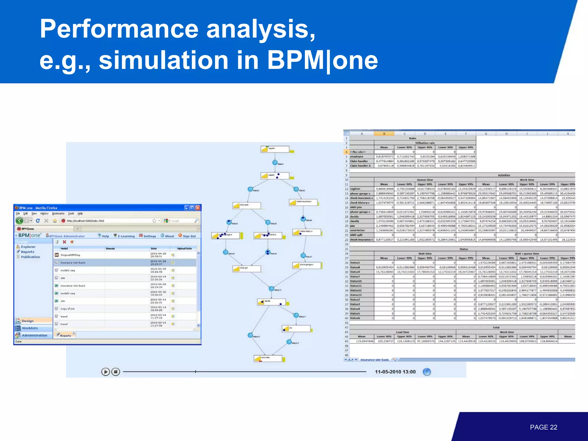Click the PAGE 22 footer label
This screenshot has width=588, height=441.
coord(543,427)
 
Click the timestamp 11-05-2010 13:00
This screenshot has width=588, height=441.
coord(395,372)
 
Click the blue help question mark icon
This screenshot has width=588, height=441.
coord(427,372)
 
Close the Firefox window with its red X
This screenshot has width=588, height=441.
coord(198,208)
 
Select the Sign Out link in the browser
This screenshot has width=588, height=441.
coord(187,236)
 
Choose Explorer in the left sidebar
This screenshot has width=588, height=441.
coord(28,247)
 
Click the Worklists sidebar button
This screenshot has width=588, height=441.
coord(30,328)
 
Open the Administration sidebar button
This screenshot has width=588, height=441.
coord(34,335)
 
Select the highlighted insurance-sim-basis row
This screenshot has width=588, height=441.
coord(73,262)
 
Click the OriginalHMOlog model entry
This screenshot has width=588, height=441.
coord(70,255)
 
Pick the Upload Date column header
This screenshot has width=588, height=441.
coord(184,248)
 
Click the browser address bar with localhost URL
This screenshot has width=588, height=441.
coord(109,221)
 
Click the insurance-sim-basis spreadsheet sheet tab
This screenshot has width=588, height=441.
coord(374,359)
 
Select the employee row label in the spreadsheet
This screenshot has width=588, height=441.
coord(357,156)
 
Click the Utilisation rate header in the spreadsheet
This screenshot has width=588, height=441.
coord(425,143)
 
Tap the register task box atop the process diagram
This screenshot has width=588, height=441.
coord(275,149)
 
